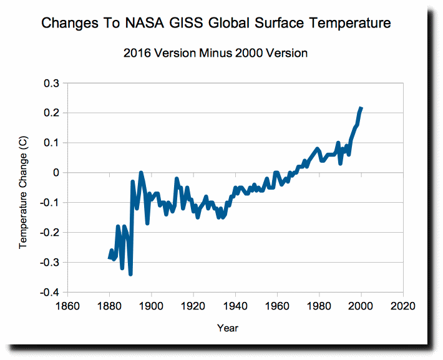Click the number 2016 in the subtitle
click(x=140, y=53)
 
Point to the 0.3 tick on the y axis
click(x=51, y=83)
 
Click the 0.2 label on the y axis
click(x=51, y=113)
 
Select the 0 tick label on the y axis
click(x=55, y=173)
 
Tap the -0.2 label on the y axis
click(x=50, y=233)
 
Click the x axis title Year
click(x=228, y=328)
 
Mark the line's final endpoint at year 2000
click(x=361, y=108)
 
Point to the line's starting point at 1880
click(x=110, y=258)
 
